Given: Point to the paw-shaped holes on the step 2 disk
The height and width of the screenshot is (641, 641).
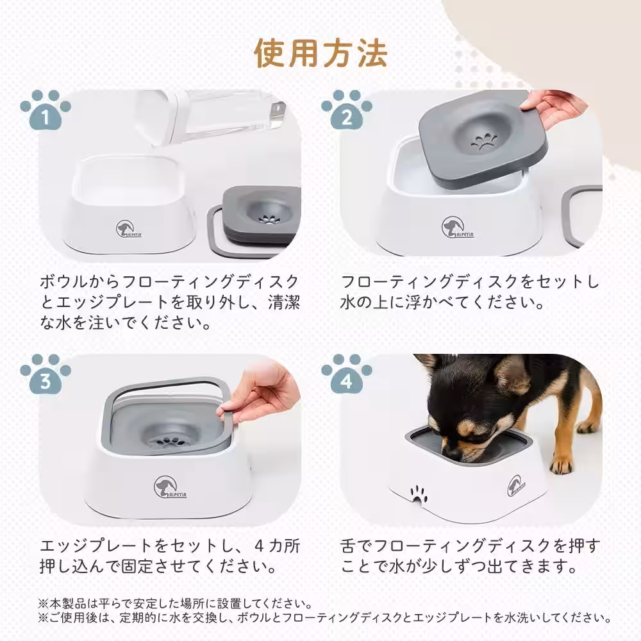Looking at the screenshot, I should (483, 141).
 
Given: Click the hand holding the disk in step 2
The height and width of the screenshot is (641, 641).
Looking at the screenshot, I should (553, 106).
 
